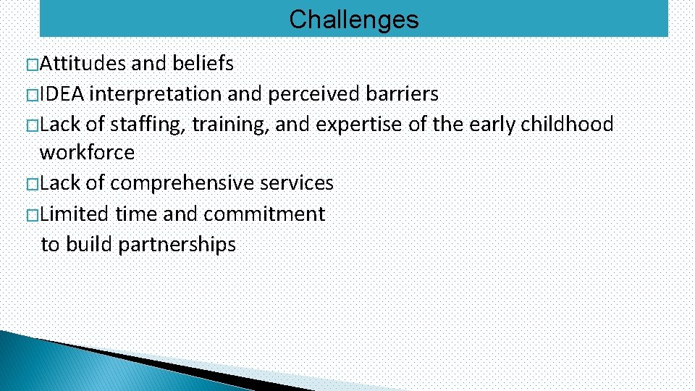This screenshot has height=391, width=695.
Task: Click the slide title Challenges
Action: pos(353,20)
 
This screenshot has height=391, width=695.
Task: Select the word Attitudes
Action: pos(83,64)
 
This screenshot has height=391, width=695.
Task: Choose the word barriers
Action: pos(403,94)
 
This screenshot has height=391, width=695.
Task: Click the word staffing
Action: pos(149,125)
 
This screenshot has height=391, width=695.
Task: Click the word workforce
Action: pos(87,153)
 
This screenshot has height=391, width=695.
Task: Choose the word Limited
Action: pos(75,214)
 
